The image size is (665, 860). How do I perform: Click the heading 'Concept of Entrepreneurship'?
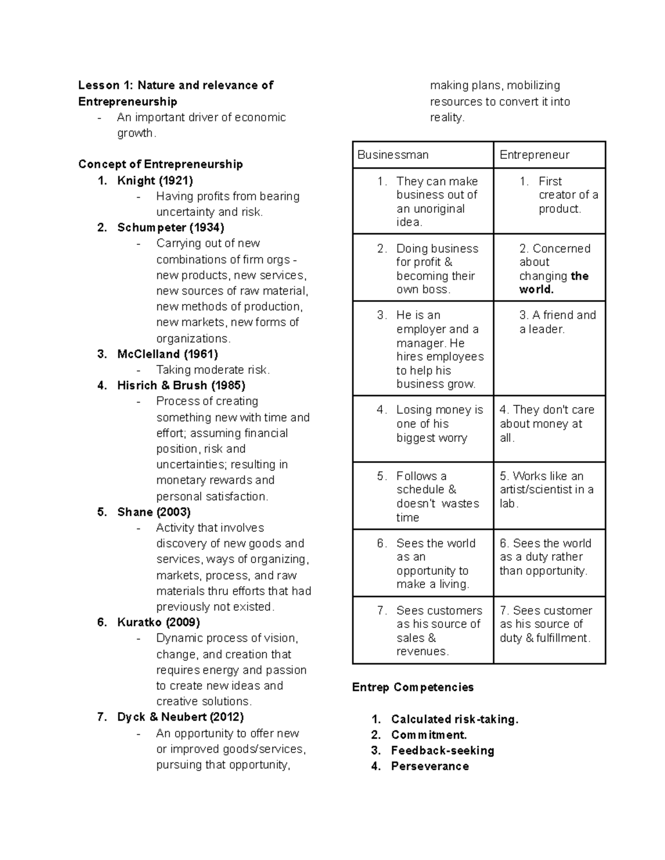tap(160, 164)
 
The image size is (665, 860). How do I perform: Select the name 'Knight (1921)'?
tap(155, 181)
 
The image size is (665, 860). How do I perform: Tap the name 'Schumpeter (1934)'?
tap(171, 228)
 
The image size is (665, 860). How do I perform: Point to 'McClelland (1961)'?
tap(167, 354)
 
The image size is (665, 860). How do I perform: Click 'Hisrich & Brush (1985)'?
tap(181, 385)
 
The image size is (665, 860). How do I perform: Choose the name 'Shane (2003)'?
tap(154, 512)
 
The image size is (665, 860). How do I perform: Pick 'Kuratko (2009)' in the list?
tap(158, 622)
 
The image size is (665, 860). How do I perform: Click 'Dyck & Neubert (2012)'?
tap(180, 717)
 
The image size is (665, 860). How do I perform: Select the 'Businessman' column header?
tap(393, 155)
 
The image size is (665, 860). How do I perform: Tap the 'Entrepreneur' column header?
tap(534, 155)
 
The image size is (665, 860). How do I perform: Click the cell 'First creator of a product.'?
tap(560, 195)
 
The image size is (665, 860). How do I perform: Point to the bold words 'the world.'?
tap(554, 283)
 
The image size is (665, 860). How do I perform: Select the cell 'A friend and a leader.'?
tap(557, 322)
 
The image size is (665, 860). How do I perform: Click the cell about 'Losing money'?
tap(439, 424)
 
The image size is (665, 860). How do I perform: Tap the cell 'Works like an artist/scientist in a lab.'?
tap(546, 490)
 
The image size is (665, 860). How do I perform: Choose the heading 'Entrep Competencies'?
tap(413, 687)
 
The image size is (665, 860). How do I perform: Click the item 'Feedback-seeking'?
tap(442, 751)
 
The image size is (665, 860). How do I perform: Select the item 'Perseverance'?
tap(429, 766)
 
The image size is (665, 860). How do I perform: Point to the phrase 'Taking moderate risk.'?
tap(213, 370)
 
